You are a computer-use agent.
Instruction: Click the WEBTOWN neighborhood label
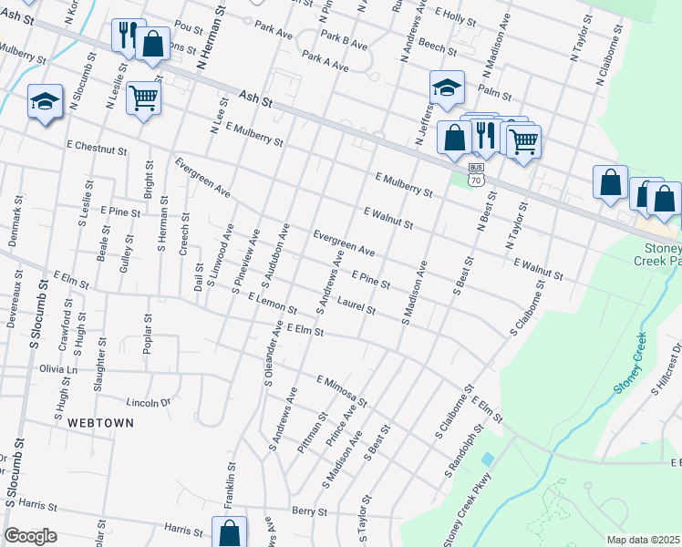[x=100, y=423]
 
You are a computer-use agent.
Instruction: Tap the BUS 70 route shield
[x=476, y=175]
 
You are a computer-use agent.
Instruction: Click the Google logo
[x=30, y=536]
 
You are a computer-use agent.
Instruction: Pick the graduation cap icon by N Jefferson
[x=447, y=88]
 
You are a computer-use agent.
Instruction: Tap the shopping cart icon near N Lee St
[x=143, y=98]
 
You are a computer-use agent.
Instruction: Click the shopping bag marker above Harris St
[x=230, y=532]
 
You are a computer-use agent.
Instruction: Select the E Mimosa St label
[x=341, y=390]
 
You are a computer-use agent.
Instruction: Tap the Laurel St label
[x=356, y=304]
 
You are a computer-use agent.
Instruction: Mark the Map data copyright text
[x=643, y=540]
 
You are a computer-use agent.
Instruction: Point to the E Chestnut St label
[x=96, y=146]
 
